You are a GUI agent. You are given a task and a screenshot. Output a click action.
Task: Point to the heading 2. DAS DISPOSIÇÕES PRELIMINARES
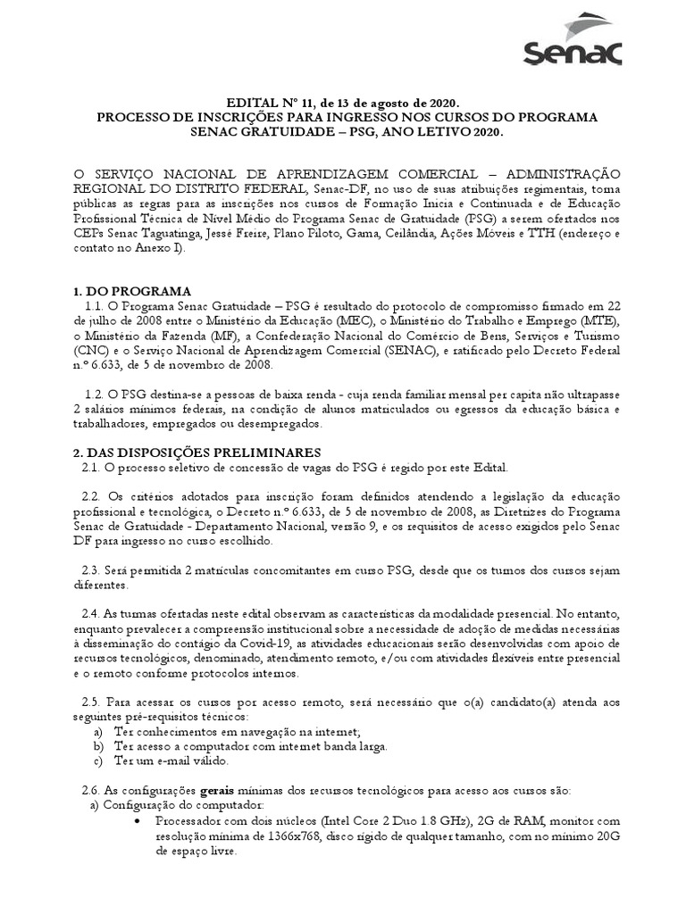[197, 453]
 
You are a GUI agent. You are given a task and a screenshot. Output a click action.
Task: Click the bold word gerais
[218, 791]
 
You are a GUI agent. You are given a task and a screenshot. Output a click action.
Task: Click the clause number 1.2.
[91, 394]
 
